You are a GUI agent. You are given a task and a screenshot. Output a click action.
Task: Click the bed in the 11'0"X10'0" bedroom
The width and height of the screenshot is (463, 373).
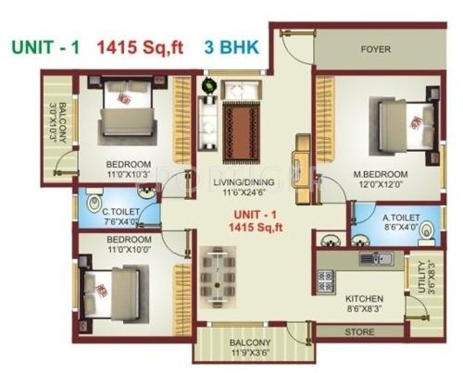click(112, 289)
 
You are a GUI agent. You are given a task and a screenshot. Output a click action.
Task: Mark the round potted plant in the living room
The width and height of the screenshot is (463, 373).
click(210, 87)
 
